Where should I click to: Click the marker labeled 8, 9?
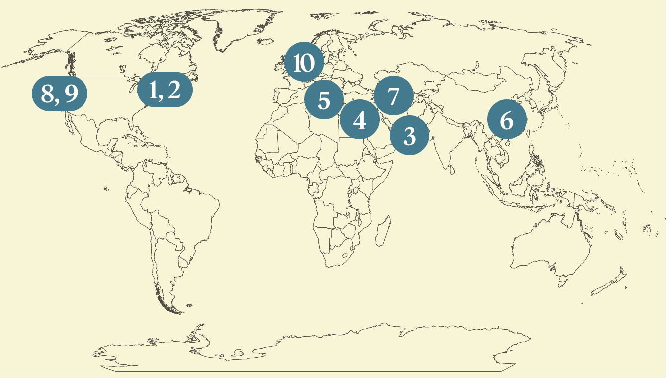(x=60, y=94)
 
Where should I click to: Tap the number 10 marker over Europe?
(x=304, y=63)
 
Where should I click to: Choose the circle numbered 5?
(x=324, y=100)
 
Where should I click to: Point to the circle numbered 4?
(x=360, y=120)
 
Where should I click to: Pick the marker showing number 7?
(x=393, y=96)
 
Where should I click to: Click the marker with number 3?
(x=409, y=136)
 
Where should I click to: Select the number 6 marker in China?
(x=506, y=120)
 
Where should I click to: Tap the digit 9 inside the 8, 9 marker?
(x=71, y=94)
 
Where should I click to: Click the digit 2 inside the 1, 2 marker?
(x=173, y=90)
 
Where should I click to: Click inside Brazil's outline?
(x=189, y=209)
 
